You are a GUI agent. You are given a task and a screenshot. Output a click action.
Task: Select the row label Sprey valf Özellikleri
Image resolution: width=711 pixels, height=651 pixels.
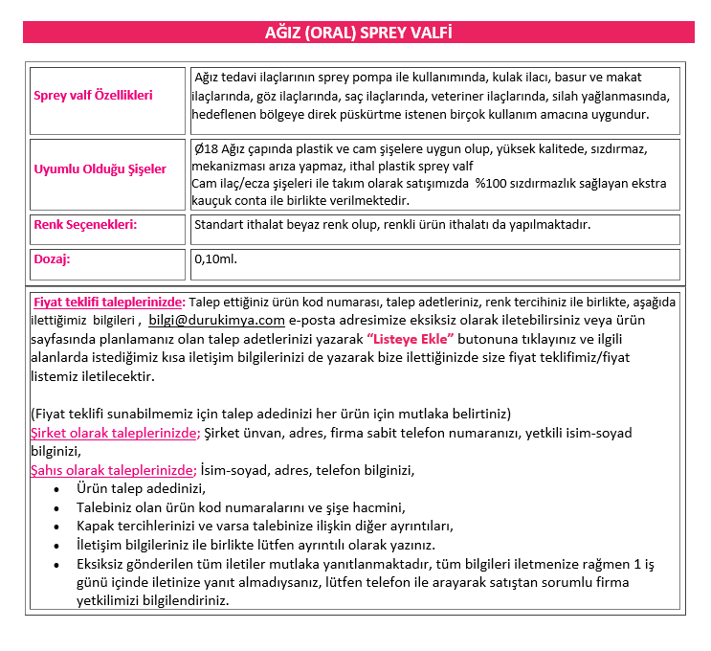coord(93,96)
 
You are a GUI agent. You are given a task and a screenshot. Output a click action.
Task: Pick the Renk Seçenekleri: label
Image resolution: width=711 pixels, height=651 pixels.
coord(85,225)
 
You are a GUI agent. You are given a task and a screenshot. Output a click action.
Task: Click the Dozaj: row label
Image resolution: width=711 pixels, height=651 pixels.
coord(52,258)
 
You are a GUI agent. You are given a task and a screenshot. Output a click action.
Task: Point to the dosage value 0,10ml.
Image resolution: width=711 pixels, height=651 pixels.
coord(215,258)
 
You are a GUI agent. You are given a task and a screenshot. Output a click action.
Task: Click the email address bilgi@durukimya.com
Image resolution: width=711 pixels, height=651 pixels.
coord(216,320)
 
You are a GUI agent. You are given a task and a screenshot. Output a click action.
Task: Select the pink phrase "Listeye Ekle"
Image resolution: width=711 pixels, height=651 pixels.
coord(411,339)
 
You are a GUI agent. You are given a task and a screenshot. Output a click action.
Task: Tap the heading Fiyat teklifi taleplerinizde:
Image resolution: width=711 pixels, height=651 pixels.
coord(109,302)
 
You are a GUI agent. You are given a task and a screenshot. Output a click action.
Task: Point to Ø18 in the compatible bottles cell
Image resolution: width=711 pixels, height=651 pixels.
coord(205,149)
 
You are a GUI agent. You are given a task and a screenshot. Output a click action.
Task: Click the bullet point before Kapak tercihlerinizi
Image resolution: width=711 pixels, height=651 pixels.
coord(56,526)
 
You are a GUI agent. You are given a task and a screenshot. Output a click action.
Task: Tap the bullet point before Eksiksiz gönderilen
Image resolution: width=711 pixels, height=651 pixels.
coord(56,564)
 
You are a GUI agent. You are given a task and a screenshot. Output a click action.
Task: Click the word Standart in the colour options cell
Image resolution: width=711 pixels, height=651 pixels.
coord(218,225)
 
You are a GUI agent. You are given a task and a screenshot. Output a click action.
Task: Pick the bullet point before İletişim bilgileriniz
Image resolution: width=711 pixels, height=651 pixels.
coord(56,545)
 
